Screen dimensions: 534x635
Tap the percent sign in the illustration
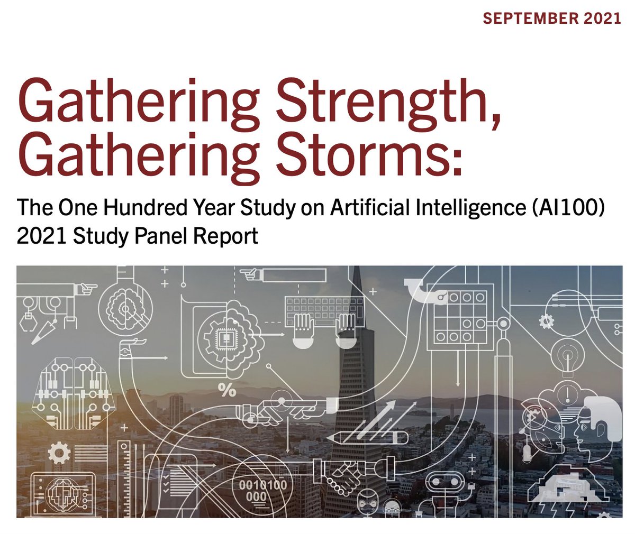[x=227, y=390]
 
